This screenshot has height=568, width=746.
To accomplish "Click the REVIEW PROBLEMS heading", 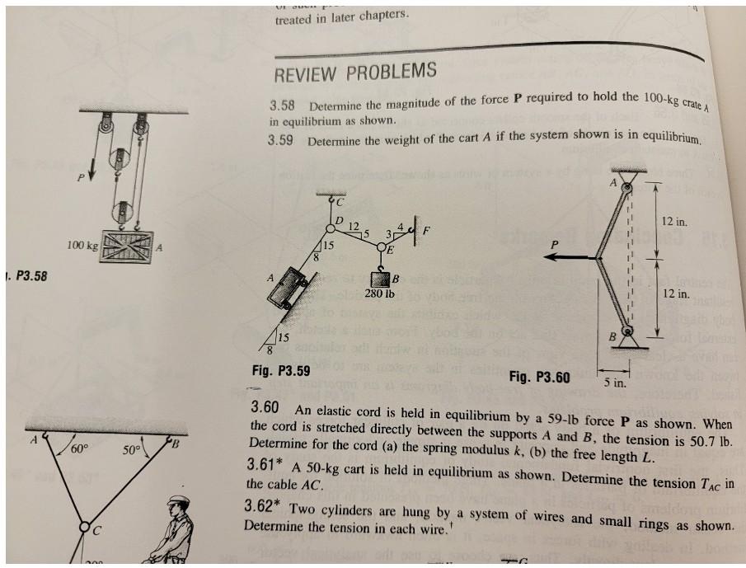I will point(354,73).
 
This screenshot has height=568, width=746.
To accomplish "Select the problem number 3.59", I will point(281,140).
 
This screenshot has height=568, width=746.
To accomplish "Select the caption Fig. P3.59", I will point(280,370).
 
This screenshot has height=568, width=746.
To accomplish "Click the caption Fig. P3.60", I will point(539,378).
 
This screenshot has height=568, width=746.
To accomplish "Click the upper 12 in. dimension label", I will point(674,222).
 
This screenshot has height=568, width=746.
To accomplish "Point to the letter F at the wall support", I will point(427,230).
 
